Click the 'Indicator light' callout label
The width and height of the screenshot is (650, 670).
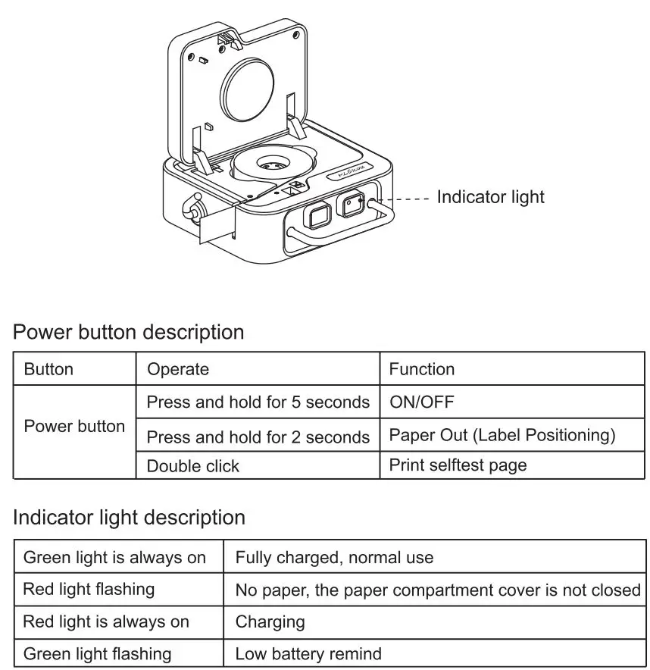pyautogui.click(x=490, y=197)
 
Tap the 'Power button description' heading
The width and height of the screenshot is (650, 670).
pyautogui.click(x=129, y=332)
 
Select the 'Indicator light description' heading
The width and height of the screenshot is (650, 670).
pyautogui.click(x=130, y=518)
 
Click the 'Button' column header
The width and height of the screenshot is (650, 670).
pyautogui.click(x=48, y=369)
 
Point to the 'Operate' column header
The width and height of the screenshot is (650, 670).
pyautogui.click(x=177, y=369)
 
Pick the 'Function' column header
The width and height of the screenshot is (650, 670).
pyautogui.click(x=422, y=369)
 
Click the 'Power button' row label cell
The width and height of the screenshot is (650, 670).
pyautogui.click(x=74, y=427)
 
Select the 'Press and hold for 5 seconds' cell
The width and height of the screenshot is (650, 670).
pyautogui.click(x=258, y=402)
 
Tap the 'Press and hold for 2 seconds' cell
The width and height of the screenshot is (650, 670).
pyautogui.click(x=258, y=437)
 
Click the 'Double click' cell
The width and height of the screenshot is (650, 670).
pyautogui.click(x=192, y=466)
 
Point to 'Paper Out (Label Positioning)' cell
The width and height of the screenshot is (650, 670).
pyautogui.click(x=502, y=435)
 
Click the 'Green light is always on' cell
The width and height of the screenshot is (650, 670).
pyautogui.click(x=114, y=558)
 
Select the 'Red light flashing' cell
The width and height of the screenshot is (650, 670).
pyautogui.click(x=89, y=589)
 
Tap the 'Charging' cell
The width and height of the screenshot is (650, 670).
pyautogui.click(x=270, y=622)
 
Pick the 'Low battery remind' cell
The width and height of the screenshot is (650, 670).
pyautogui.click(x=308, y=653)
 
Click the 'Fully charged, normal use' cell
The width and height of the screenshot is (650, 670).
pyautogui.click(x=334, y=558)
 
